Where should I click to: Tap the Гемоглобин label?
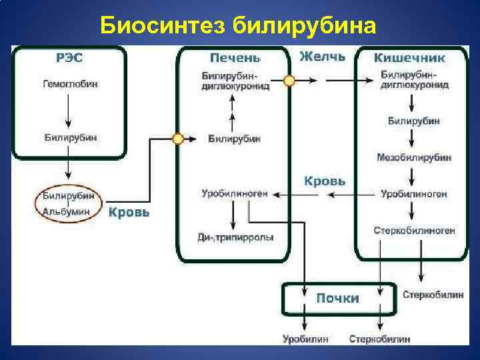click(x=69, y=85)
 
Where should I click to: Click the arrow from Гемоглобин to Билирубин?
click(x=69, y=109)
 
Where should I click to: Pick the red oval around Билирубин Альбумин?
click(x=68, y=203)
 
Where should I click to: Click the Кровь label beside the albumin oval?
click(x=129, y=213)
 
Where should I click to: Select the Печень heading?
click(x=235, y=58)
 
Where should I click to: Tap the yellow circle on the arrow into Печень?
click(x=177, y=139)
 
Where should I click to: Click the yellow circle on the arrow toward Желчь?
click(x=289, y=80)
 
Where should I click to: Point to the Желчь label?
click(x=323, y=57)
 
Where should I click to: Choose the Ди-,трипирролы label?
click(x=235, y=237)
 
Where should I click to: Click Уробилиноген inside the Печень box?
click(x=234, y=194)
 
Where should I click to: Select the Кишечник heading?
click(x=409, y=58)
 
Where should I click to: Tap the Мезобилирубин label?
click(x=413, y=157)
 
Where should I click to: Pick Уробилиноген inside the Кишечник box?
click(x=413, y=194)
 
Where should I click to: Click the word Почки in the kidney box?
click(x=337, y=298)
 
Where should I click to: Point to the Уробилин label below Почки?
click(x=305, y=339)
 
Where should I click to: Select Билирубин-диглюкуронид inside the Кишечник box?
click(x=414, y=80)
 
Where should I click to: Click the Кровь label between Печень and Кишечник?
click(x=325, y=181)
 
